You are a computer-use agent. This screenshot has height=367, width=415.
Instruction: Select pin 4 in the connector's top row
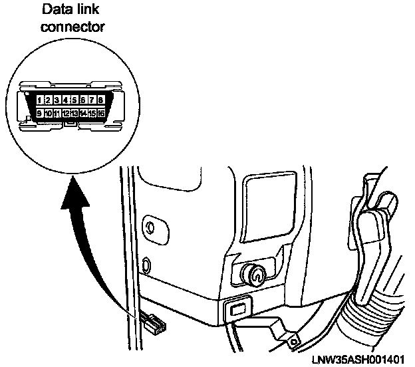[66, 100]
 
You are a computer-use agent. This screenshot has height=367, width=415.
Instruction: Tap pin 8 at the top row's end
[100, 100]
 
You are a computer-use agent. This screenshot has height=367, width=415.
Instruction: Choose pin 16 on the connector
[100, 114]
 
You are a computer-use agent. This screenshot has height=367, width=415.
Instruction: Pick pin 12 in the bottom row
[66, 114]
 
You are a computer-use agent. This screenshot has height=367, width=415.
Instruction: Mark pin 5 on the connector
[74, 100]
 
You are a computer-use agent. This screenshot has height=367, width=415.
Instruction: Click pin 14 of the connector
[83, 114]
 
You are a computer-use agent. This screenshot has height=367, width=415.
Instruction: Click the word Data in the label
[57, 11]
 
